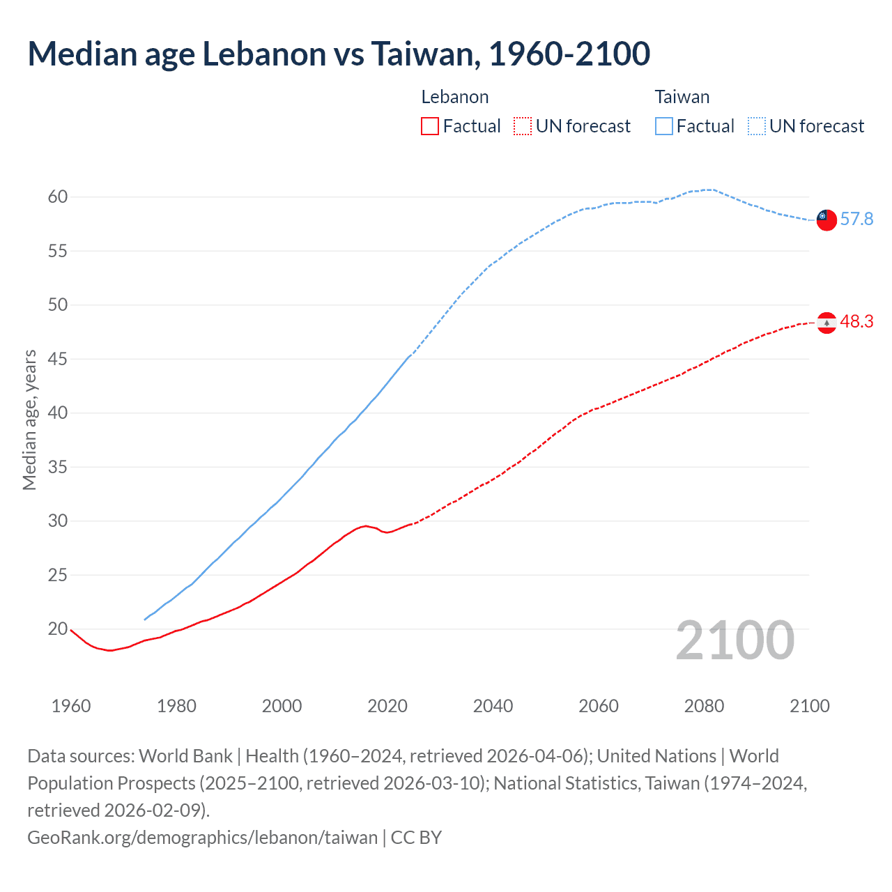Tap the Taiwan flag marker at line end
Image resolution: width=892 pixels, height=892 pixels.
pyautogui.click(x=826, y=220)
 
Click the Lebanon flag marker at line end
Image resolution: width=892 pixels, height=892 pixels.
pyautogui.click(x=826, y=323)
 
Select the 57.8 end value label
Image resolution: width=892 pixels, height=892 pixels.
pyautogui.click(x=856, y=220)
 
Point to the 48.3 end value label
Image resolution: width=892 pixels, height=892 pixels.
pyautogui.click(x=856, y=321)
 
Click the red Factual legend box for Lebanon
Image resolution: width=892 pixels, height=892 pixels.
pyautogui.click(x=430, y=126)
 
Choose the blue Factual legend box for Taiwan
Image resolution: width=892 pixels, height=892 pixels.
pyautogui.click(x=663, y=126)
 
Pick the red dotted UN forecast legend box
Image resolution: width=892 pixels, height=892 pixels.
pyautogui.click(x=523, y=126)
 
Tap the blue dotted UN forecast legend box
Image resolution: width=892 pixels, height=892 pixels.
pyautogui.click(x=756, y=126)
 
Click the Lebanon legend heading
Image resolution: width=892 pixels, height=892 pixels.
pyautogui.click(x=454, y=97)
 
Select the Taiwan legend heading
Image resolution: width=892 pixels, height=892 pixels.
pyautogui.click(x=682, y=97)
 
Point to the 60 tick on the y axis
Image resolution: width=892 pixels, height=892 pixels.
pyautogui.click(x=58, y=197)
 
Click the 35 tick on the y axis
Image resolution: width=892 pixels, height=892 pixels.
pyautogui.click(x=58, y=467)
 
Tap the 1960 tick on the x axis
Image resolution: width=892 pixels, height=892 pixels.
pyautogui.click(x=71, y=706)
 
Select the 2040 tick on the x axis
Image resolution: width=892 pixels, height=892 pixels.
pyautogui.click(x=493, y=706)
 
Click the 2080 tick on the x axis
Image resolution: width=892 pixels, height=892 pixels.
pyautogui.click(x=704, y=706)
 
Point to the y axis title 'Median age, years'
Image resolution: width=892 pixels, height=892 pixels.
pyautogui.click(x=29, y=420)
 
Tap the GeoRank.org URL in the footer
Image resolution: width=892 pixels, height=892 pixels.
pyautogui.click(x=202, y=837)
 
